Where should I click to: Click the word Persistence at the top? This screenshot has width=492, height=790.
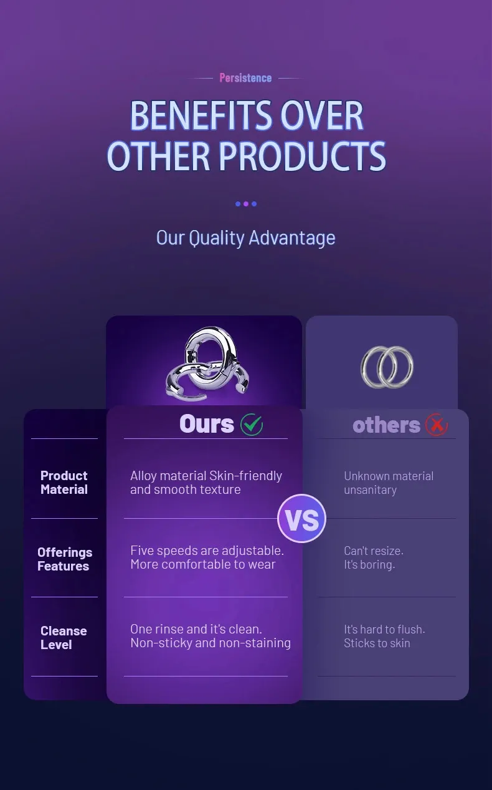pos(245,77)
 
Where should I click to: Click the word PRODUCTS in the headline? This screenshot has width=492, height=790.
pos(303,156)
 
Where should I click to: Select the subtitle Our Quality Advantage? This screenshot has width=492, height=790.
pos(246,238)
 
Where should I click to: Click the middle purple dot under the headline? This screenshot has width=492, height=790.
pos(246,204)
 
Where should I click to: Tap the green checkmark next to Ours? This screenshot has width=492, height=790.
pos(252,424)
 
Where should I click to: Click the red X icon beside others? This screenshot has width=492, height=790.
pos(437,425)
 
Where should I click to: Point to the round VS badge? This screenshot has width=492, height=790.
pos(302,518)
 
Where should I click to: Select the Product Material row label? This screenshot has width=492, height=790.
pos(64,483)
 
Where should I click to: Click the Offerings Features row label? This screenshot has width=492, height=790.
pos(65,559)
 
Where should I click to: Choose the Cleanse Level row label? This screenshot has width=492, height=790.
pos(64,638)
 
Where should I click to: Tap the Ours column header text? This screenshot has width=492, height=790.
pos(207,423)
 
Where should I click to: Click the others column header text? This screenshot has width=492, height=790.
pos(386,425)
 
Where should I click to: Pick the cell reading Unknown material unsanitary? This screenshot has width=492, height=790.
pos(389,483)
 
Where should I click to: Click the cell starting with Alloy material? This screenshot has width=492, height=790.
pos(206,483)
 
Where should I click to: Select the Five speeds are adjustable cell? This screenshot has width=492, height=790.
pos(207,557)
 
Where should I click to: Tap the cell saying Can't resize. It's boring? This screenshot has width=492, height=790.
pos(374,557)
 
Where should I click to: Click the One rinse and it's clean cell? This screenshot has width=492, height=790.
pos(211,636)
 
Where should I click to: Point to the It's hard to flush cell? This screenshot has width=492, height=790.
pos(385,636)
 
